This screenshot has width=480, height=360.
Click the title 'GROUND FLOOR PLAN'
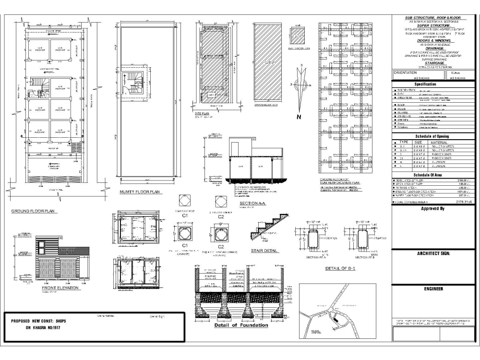pyautogui.click(x=33, y=211)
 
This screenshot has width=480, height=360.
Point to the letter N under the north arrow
pyautogui.click(x=298, y=117)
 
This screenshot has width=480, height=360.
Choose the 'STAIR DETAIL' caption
pyautogui.click(x=264, y=250)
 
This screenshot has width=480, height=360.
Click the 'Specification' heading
pyautogui.click(x=435, y=84)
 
